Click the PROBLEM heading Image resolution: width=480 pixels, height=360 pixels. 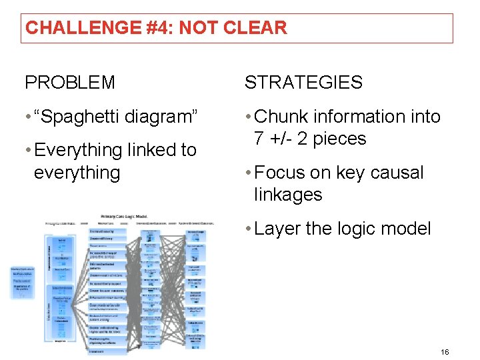click(x=70, y=83)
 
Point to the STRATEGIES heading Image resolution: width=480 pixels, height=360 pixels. click(x=303, y=83)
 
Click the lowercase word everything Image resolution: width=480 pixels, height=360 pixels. click(x=77, y=173)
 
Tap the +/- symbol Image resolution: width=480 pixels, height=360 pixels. click(x=281, y=139)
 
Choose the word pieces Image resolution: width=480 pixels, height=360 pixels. click(x=339, y=139)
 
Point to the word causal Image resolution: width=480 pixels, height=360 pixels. click(x=398, y=173)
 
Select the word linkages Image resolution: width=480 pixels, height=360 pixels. click(x=288, y=195)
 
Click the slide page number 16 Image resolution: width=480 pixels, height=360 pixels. click(x=445, y=351)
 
